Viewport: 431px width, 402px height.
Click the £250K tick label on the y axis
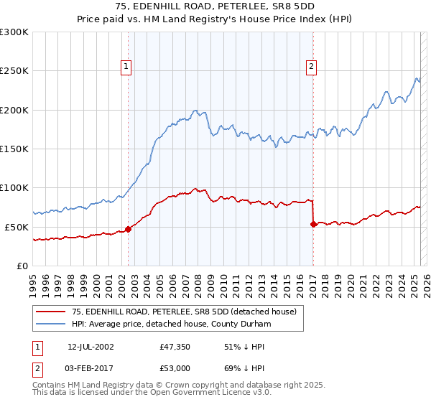pos(14,71)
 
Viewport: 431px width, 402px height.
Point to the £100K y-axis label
pos(14,187)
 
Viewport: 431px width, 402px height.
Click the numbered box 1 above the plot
pos(126,67)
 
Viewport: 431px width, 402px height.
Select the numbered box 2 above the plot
pos(311,67)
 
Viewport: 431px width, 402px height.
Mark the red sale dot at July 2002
pos(129,229)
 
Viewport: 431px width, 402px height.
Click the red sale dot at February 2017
pos(313,224)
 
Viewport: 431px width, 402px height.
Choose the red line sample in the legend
pos(51,312)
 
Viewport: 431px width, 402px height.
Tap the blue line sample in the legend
pos(51,324)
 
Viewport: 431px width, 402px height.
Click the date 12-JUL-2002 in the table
pos(91,347)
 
